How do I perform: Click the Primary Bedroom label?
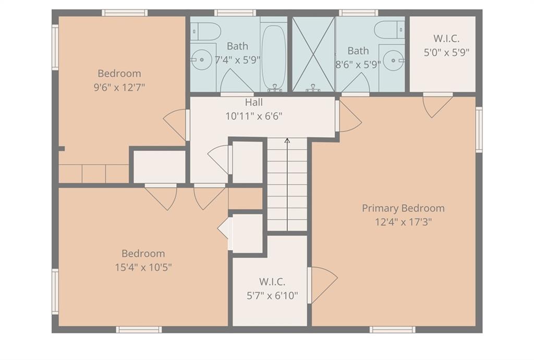pos(403,208)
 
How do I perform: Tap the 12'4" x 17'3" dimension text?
pos(403,222)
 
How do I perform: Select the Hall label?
pos(254,102)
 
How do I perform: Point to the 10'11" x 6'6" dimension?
pos(254,116)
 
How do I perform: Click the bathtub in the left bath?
pos(273,57)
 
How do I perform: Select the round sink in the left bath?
pos(201,59)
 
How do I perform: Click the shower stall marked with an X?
pos(313,54)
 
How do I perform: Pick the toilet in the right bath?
pos(389,30)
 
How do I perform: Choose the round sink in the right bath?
pos(394,61)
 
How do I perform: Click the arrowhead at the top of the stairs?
pos(287,140)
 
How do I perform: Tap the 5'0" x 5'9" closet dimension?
pos(446,53)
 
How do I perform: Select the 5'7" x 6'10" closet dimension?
pos(272,296)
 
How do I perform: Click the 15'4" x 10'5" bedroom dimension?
pos(143,267)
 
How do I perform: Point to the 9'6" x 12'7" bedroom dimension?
pos(119,88)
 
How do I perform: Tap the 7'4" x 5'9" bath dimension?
pos(237,60)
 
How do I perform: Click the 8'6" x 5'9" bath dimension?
pos(358,65)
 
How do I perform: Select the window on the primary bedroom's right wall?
pos(479,130)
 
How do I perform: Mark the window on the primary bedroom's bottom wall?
pos(392,329)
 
